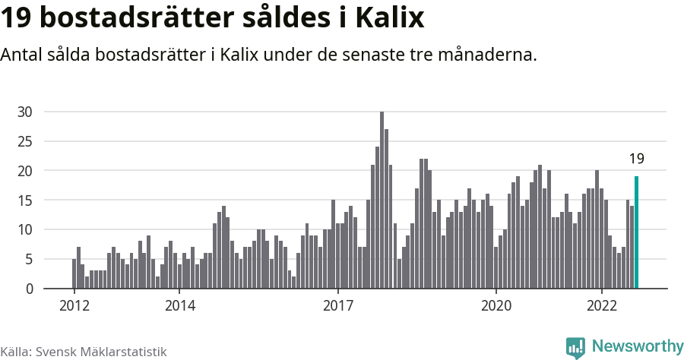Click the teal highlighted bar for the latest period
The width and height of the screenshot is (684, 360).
pyautogui.click(x=636, y=232)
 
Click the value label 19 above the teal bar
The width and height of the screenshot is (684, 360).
pyautogui.click(x=636, y=159)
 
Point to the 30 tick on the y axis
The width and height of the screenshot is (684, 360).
pyautogui.click(x=25, y=112)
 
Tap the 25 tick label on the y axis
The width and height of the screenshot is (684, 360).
pyautogui.click(x=25, y=141)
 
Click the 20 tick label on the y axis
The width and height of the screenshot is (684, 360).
pyautogui.click(x=25, y=171)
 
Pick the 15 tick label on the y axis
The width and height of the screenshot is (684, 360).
pyautogui.click(x=25, y=201)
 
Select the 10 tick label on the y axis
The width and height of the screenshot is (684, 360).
pyautogui.click(x=25, y=229)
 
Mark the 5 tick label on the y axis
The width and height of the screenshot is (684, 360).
pyautogui.click(x=29, y=259)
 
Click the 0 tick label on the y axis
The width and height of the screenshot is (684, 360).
pyautogui.click(x=29, y=289)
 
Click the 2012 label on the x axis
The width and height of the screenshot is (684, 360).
pyautogui.click(x=74, y=306)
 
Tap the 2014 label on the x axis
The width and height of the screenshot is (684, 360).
pyautogui.click(x=179, y=306)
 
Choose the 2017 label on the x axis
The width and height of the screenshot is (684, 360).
pyautogui.click(x=337, y=306)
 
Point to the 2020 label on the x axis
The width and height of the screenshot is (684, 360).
pyautogui.click(x=496, y=306)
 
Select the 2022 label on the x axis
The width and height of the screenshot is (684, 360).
pyautogui.click(x=602, y=306)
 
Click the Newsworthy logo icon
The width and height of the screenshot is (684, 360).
pyautogui.click(x=575, y=348)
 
